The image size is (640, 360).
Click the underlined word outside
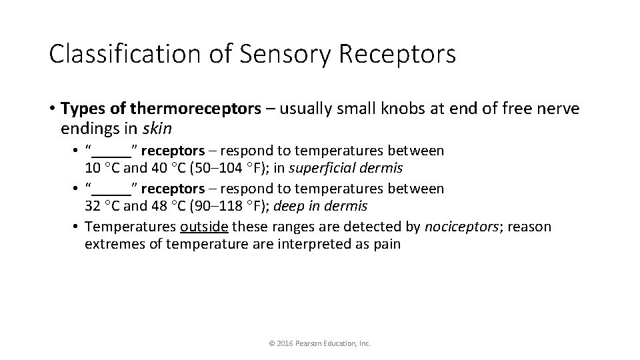click(205, 227)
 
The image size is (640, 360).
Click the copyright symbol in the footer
click(271, 343)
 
